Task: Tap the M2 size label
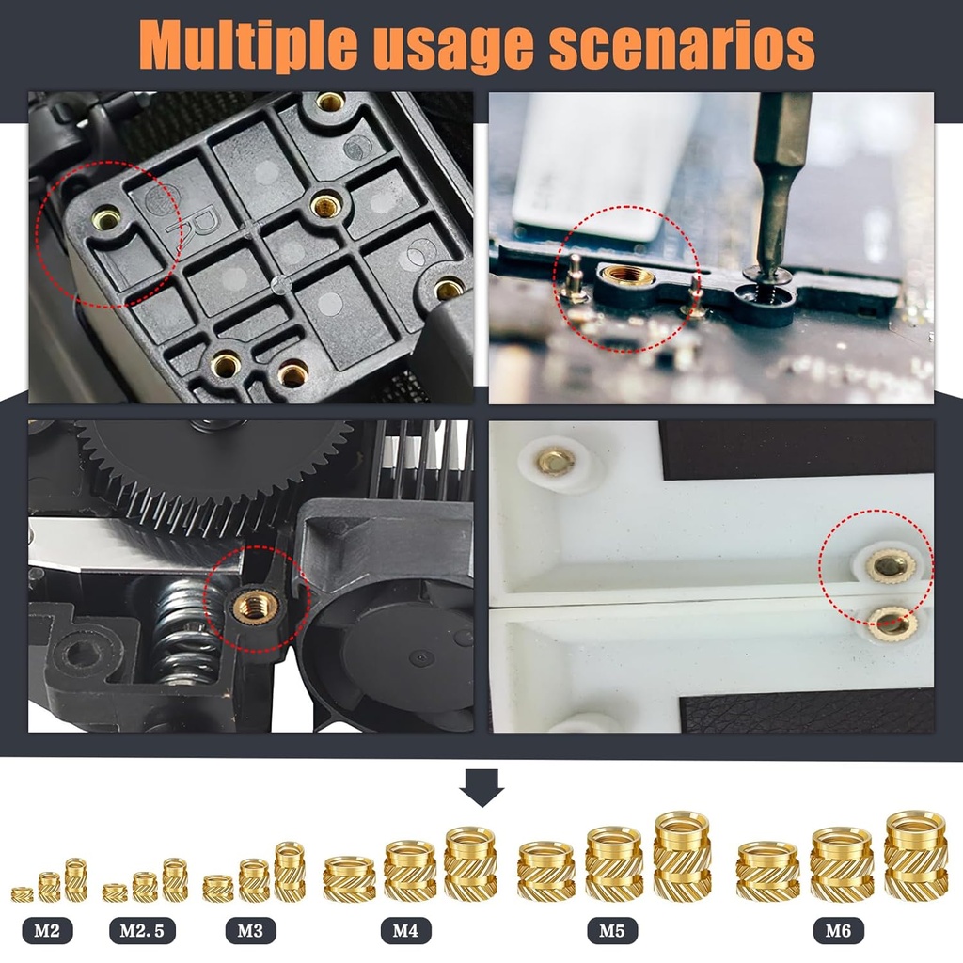click(47, 931)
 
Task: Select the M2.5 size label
click(142, 931)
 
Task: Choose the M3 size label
click(249, 931)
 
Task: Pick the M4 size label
click(405, 931)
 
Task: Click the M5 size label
click(612, 931)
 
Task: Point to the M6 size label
click(838, 931)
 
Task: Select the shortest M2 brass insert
click(22, 893)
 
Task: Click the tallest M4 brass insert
click(470, 861)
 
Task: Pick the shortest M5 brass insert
click(545, 870)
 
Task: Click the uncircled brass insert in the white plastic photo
click(555, 461)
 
